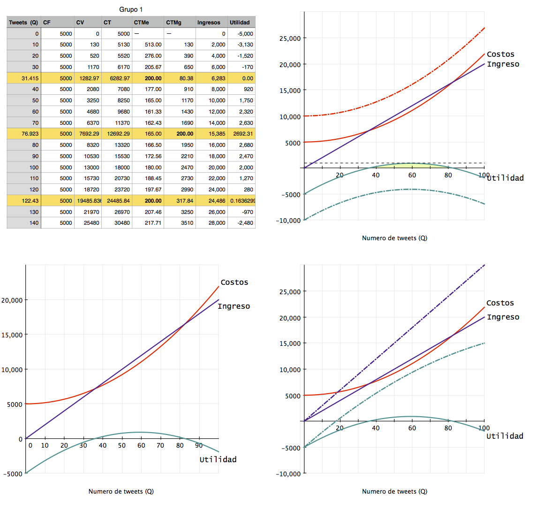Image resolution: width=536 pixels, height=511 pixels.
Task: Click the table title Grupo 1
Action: click(x=131, y=9)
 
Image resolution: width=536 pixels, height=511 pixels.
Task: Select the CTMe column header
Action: click(x=142, y=22)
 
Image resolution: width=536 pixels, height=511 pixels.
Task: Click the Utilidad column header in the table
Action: click(x=240, y=22)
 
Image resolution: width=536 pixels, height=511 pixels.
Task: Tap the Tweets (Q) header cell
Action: click(x=23, y=22)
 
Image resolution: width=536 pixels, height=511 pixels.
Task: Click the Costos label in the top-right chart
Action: click(x=500, y=54)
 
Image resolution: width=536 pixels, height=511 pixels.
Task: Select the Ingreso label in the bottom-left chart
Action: click(x=234, y=306)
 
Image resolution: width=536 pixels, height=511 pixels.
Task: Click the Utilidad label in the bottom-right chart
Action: click(x=505, y=436)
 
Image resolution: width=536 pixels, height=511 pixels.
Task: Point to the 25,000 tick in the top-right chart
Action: click(x=289, y=38)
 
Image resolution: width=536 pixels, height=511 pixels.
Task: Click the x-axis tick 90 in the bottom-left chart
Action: click(x=199, y=445)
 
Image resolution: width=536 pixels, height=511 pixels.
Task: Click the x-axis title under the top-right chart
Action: click(x=394, y=238)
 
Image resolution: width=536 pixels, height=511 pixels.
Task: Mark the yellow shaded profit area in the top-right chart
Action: click(x=412, y=165)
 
